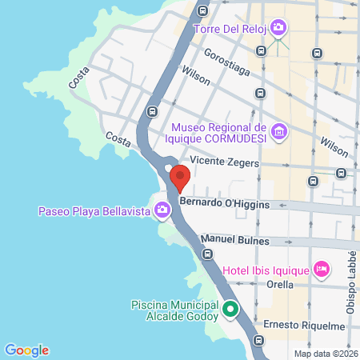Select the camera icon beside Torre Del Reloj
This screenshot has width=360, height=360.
(278, 28)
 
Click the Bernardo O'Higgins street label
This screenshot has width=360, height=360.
(224, 204)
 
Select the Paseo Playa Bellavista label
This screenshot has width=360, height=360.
(95, 211)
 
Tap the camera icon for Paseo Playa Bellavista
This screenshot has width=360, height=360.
(163, 210)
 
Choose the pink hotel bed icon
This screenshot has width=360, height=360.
(322, 268)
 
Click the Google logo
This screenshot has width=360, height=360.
(26, 350)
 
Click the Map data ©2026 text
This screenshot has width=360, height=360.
(325, 354)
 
